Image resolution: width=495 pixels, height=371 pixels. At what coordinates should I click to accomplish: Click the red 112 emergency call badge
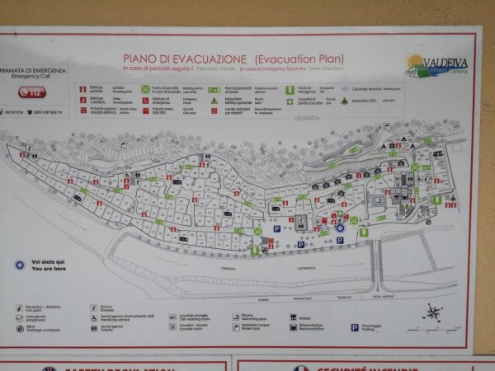point(32,93)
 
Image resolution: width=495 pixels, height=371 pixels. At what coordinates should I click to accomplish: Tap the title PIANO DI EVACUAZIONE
point(185,59)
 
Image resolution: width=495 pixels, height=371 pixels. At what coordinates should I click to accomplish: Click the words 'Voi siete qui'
point(46,261)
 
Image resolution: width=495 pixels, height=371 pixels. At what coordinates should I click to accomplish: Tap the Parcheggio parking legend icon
point(354,327)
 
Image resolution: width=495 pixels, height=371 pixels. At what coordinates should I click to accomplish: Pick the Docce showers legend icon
point(93,307)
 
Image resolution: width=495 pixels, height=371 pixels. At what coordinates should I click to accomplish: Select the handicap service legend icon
point(93,317)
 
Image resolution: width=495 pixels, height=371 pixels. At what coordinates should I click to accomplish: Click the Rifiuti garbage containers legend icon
point(20,326)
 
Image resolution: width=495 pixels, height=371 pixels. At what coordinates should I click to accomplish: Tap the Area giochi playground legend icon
point(20,317)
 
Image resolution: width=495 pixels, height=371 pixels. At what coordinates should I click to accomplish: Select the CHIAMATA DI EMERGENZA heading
point(33,72)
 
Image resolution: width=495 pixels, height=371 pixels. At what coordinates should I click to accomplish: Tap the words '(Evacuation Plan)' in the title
point(299,59)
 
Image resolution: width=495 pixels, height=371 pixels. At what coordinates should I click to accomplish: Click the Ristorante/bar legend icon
point(294,327)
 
